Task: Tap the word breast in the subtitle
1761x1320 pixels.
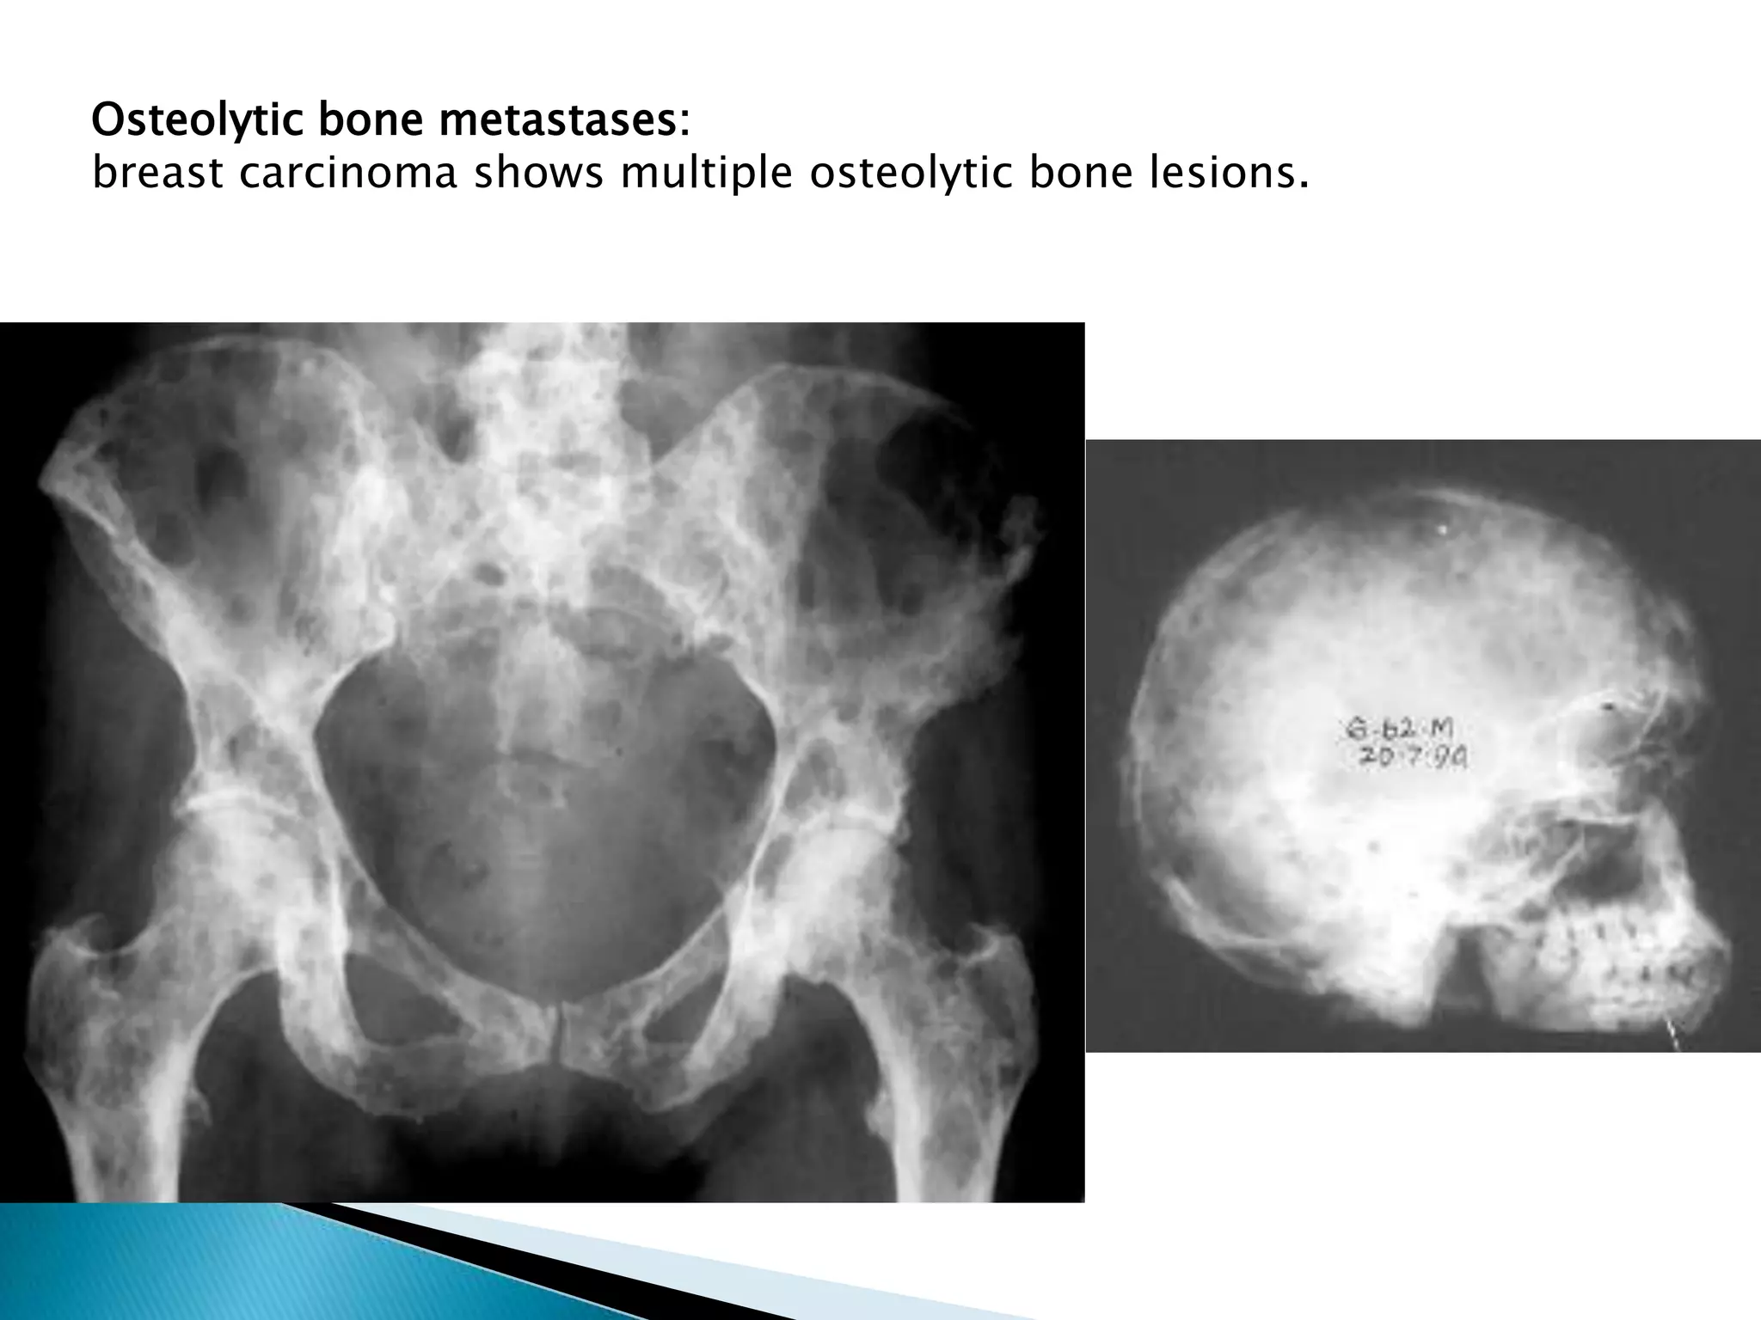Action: [158, 174]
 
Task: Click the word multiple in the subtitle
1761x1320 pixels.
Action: [706, 174]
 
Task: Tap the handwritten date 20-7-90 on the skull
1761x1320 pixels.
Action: [1411, 758]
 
